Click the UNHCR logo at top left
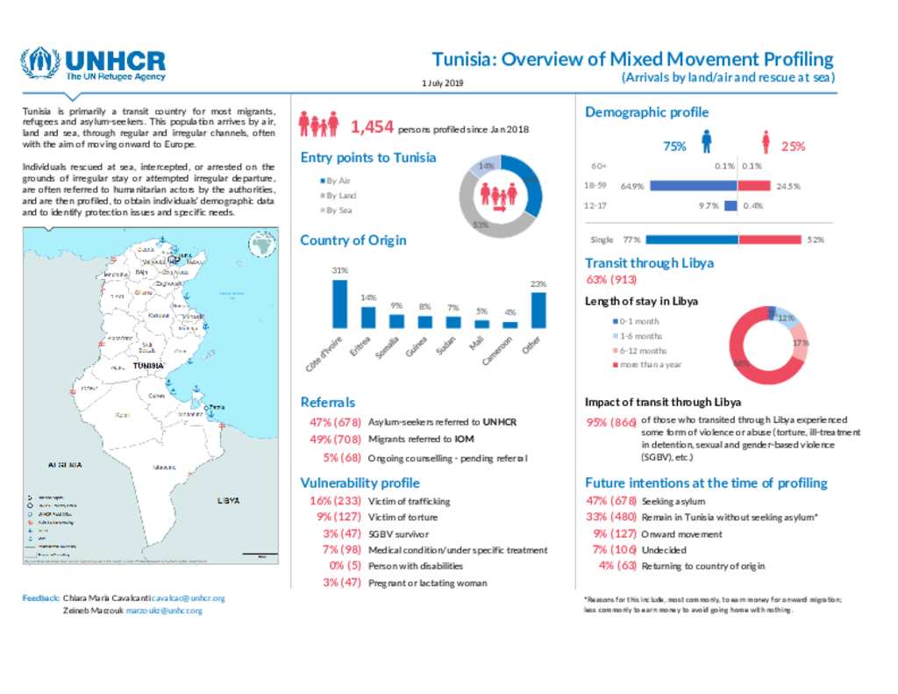pyautogui.click(x=93, y=65)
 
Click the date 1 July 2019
pyautogui.click(x=441, y=82)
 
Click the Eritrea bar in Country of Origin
pyautogui.click(x=368, y=317)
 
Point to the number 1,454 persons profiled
pyautogui.click(x=372, y=128)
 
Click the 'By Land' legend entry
pyautogui.click(x=339, y=195)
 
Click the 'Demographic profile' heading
pyautogui.click(x=646, y=112)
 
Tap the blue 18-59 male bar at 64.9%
pyautogui.click(x=693, y=186)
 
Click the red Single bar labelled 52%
pyautogui.click(x=769, y=240)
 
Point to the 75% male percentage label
pyautogui.click(x=674, y=147)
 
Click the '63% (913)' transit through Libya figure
pyautogui.click(x=611, y=280)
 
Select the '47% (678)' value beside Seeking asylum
pyautogui.click(x=610, y=501)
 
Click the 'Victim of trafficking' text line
pyautogui.click(x=409, y=501)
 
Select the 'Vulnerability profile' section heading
pyautogui.click(x=360, y=483)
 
